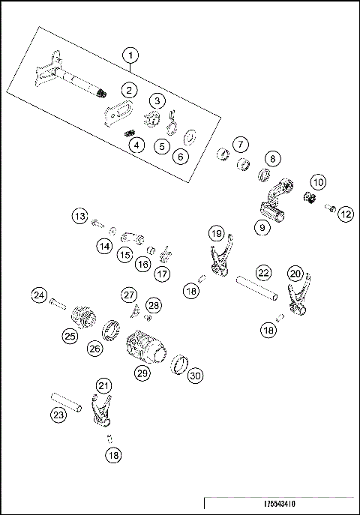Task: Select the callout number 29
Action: [x=140, y=372]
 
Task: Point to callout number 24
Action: [x=39, y=295]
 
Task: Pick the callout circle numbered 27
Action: [x=129, y=295]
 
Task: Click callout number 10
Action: [x=318, y=182]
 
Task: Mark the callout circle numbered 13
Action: [x=79, y=217]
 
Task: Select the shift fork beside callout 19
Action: [x=217, y=262]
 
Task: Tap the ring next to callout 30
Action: [x=178, y=364]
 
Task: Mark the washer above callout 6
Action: [x=190, y=137]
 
